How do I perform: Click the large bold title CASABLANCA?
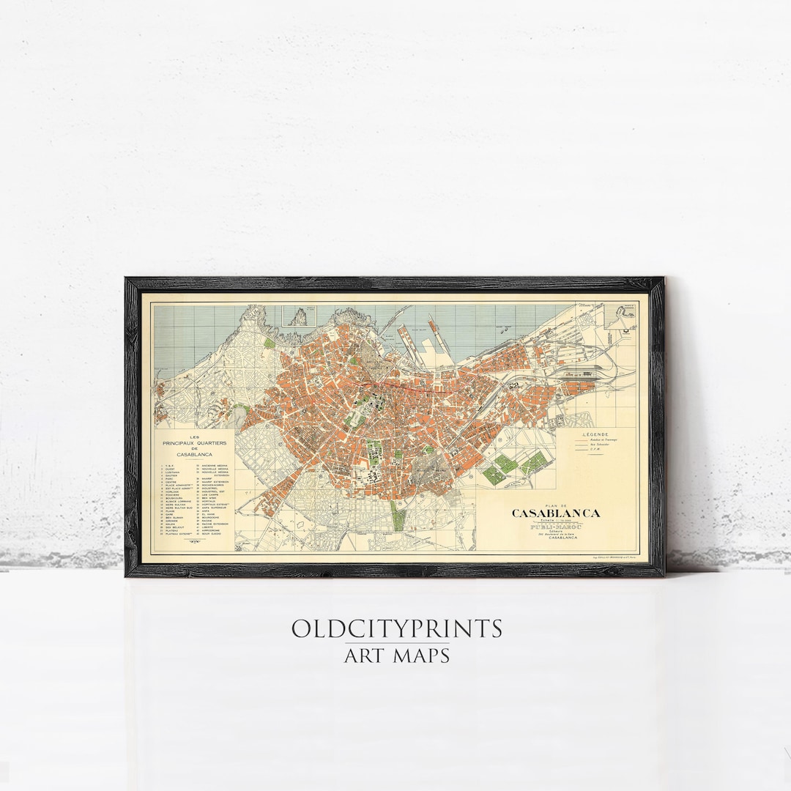556,513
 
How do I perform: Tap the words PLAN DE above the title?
556,505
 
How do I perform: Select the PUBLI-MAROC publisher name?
555,527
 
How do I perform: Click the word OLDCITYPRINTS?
396,628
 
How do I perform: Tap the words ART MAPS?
396,654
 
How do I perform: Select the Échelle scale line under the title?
556,521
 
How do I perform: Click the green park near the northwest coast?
270,343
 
